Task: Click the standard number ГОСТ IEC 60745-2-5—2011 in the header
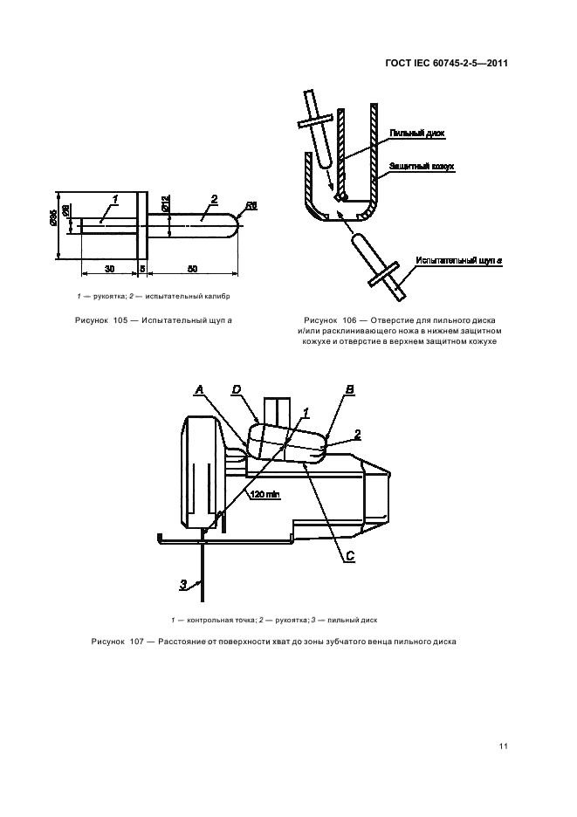pyautogui.click(x=446, y=63)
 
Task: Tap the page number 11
pyautogui.click(x=504, y=745)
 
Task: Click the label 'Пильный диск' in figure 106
pyautogui.click(x=416, y=134)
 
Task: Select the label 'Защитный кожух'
pyautogui.click(x=422, y=165)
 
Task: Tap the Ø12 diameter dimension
pyautogui.click(x=164, y=206)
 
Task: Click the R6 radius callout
pyautogui.click(x=251, y=206)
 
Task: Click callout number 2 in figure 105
pyautogui.click(x=214, y=199)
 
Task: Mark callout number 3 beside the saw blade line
pyautogui.click(x=183, y=584)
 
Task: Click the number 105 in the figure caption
pyautogui.click(x=122, y=320)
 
